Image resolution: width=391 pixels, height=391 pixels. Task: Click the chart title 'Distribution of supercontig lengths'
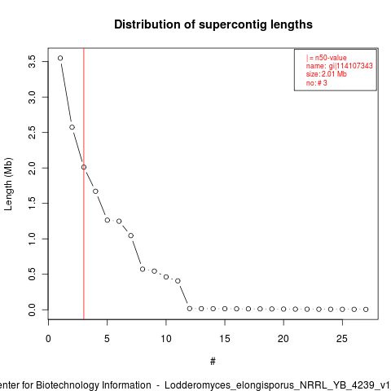coord(213,24)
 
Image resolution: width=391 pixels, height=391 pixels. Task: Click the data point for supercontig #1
coord(60,58)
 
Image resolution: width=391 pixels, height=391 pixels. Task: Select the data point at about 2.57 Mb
coord(72,127)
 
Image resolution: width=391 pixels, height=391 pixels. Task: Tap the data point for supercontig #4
coord(95,191)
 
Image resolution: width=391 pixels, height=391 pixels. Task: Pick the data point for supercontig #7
coord(131,235)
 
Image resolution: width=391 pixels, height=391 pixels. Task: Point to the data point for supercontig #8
coord(143,269)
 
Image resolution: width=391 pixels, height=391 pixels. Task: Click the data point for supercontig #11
coord(178,281)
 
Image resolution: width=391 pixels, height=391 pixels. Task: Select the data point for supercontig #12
coord(190,309)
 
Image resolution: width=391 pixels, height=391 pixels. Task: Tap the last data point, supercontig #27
coord(366,310)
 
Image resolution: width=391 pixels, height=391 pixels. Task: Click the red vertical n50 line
coord(84,183)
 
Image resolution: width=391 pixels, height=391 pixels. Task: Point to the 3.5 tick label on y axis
coord(32,62)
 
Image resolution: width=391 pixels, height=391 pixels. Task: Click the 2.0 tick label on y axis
coord(32,168)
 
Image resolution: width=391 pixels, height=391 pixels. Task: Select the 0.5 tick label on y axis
coord(32,275)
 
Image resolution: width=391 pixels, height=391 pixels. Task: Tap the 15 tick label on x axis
coord(225,339)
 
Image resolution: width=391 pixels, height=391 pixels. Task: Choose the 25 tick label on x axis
coord(342,339)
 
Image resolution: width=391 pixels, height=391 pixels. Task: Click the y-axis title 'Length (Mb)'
coord(8,184)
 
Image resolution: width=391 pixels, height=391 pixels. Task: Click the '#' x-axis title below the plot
coord(213,362)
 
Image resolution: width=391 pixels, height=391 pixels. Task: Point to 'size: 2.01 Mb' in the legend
coord(327,74)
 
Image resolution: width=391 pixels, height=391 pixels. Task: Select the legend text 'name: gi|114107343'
coord(340,66)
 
